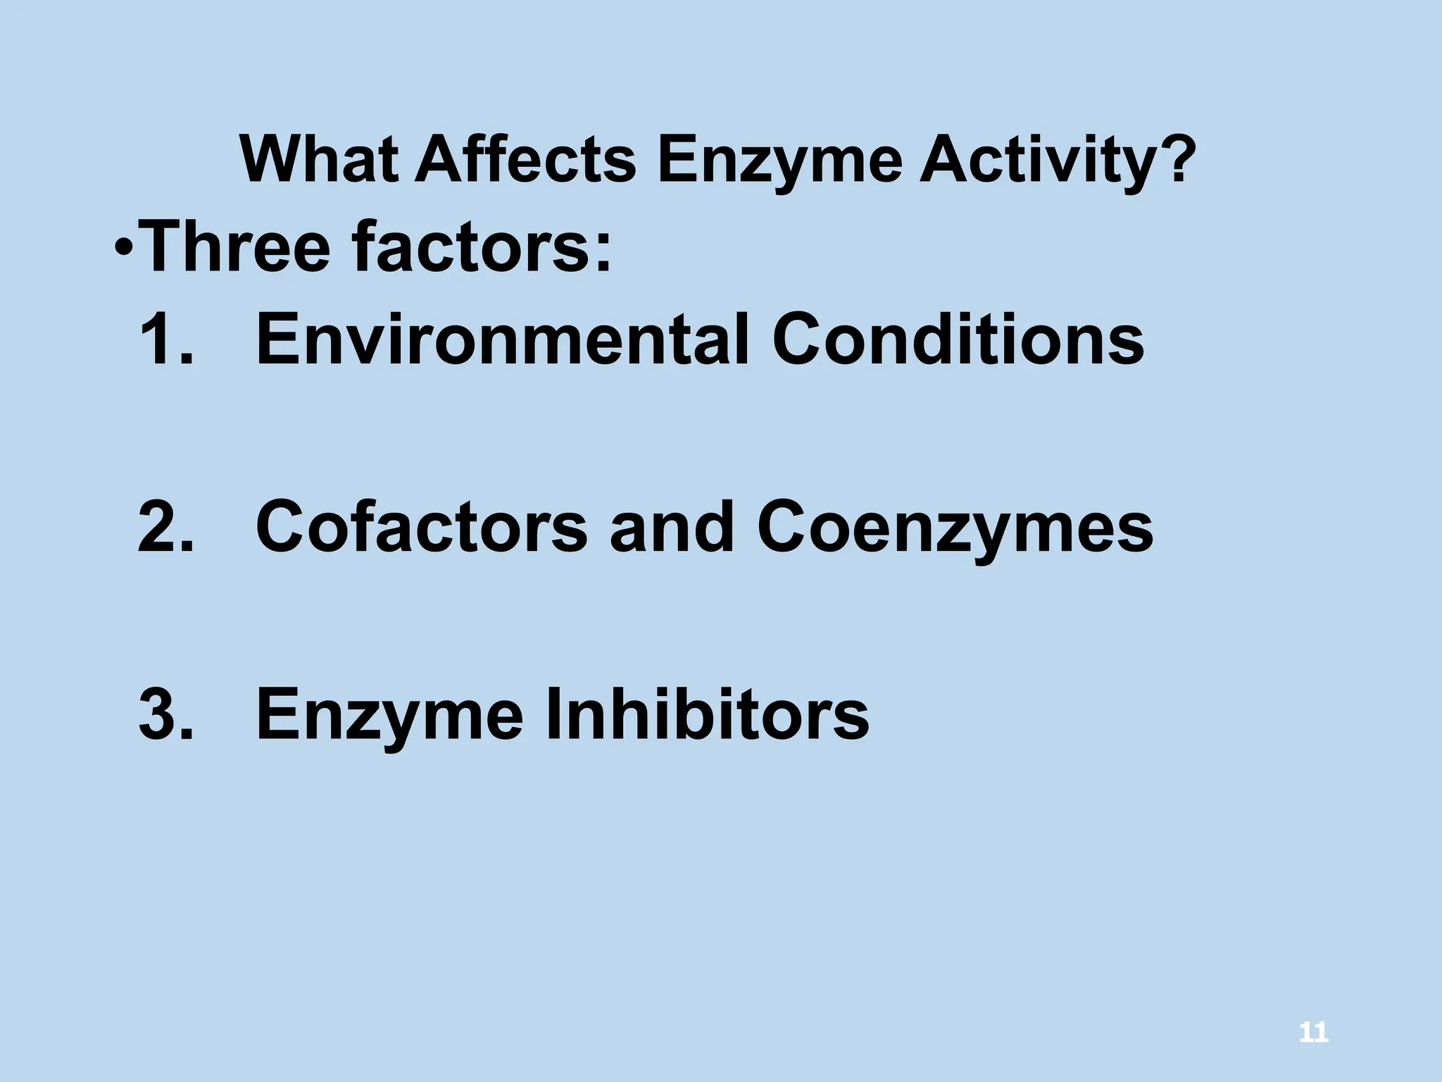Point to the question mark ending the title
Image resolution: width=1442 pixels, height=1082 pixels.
(1174, 159)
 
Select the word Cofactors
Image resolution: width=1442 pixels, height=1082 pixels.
(421, 527)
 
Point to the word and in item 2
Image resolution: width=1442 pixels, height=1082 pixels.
(672, 527)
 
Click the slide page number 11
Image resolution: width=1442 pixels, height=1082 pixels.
(1313, 1033)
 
